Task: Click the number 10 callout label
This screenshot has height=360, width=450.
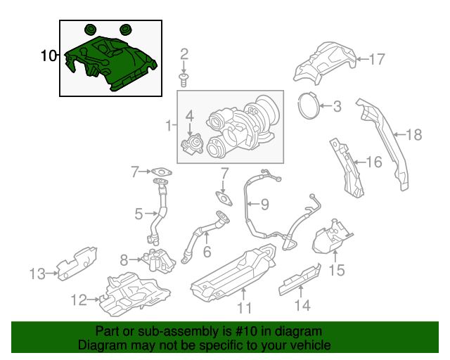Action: click(x=49, y=56)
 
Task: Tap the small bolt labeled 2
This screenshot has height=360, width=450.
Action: click(x=184, y=80)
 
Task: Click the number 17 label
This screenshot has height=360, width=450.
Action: click(x=378, y=59)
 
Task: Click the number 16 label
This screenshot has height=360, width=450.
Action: click(x=373, y=162)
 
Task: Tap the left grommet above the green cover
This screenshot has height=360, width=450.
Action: click(x=90, y=30)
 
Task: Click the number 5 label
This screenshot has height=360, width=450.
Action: click(x=139, y=212)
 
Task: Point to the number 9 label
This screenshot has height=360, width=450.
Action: click(x=264, y=205)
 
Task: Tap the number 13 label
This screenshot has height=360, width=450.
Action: click(x=37, y=273)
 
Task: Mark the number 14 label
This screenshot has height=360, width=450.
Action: click(x=301, y=305)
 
